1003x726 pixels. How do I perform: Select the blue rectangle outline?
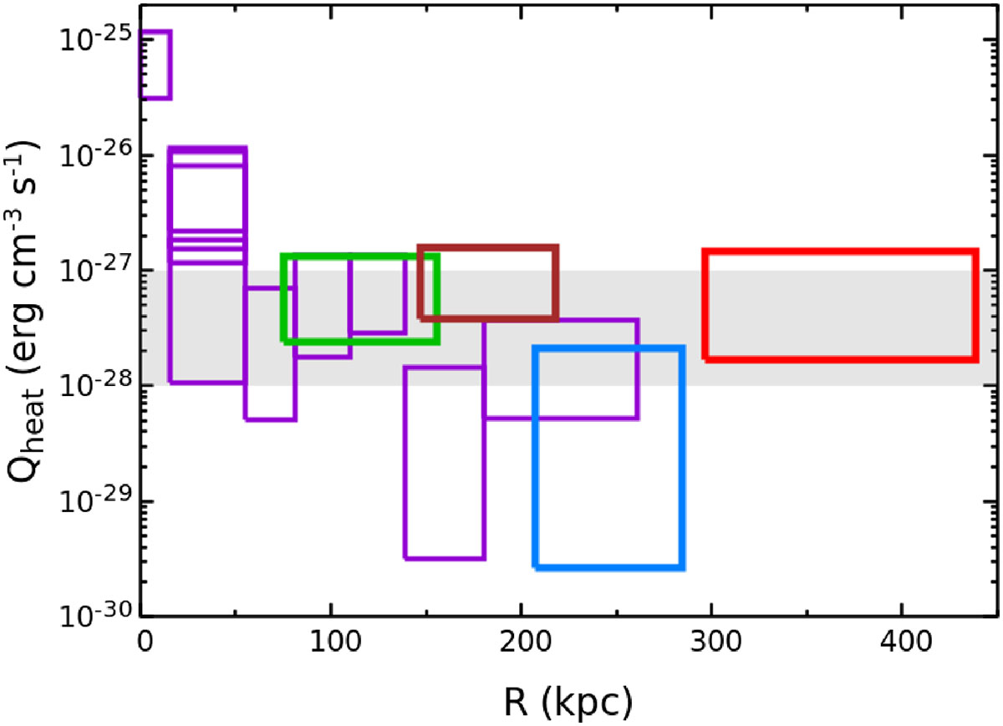[x=609, y=568]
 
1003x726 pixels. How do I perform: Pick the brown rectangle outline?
[x=488, y=248]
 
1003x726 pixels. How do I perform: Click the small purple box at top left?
[x=155, y=32]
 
